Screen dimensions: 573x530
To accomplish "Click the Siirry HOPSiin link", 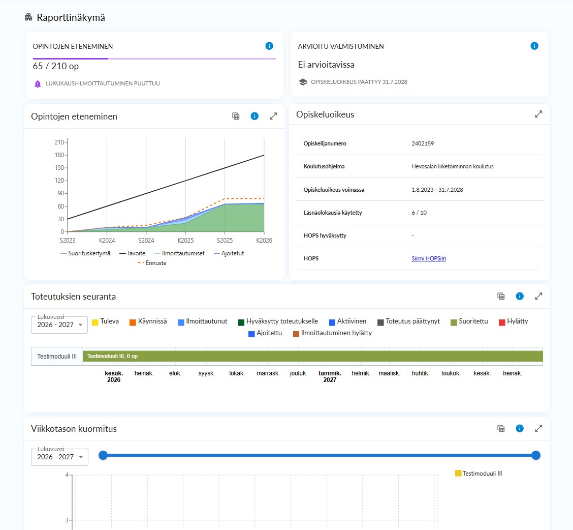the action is coord(429,258).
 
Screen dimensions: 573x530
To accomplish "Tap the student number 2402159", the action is coord(423,143).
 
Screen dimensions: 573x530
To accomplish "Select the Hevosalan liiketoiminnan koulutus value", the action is coord(453,166).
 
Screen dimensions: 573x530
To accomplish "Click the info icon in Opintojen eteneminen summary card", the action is coord(269,46).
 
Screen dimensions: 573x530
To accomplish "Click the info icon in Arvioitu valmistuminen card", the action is coord(534,46).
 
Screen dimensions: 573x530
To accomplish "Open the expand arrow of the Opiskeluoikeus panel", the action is coord(538,114).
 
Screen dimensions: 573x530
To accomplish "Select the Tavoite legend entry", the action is coord(132,253).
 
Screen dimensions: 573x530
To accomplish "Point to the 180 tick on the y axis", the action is coord(59,155).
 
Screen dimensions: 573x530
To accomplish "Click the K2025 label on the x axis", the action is coord(185,241).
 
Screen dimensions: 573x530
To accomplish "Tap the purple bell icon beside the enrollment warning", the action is coord(38,84).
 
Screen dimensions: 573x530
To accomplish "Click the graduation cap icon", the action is coord(303,82).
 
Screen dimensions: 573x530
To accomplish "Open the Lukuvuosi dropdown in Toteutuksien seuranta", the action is coord(59,325).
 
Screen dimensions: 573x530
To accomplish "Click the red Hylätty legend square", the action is coord(502,322).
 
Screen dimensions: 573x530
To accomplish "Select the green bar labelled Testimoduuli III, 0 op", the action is coord(313,356).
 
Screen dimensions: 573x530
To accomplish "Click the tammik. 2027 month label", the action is coord(330,376).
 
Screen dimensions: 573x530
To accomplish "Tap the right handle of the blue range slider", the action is coord(536,455).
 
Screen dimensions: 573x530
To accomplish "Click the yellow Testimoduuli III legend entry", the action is coord(479,473).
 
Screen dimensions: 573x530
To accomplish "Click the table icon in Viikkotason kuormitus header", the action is coord(501,428).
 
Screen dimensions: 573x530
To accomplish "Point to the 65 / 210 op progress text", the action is coord(55,66).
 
